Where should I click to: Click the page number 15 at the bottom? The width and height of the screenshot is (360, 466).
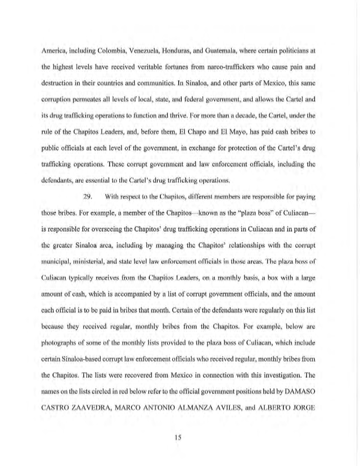(x=180, y=437)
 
